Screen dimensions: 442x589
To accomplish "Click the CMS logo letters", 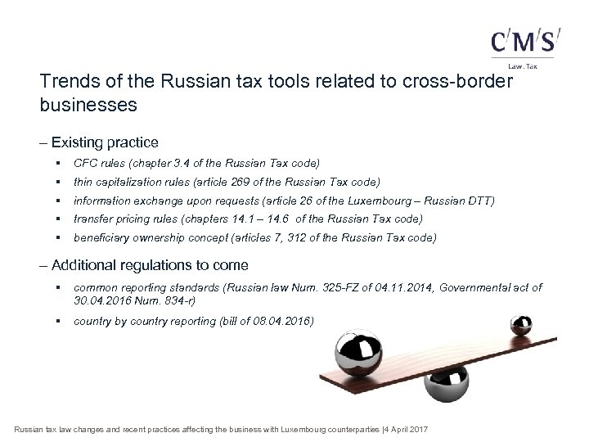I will [x=525, y=42].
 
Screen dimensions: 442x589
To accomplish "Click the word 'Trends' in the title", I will [x=65, y=83].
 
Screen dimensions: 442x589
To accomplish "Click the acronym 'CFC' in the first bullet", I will [x=85, y=163].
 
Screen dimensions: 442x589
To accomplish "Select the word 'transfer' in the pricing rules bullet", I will [x=92, y=219].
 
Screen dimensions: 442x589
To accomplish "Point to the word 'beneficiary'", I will [x=100, y=237].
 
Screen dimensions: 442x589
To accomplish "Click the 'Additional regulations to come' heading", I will [x=150, y=265].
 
